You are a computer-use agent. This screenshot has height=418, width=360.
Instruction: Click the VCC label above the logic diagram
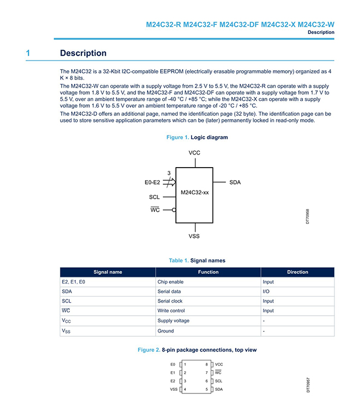click(x=194, y=153)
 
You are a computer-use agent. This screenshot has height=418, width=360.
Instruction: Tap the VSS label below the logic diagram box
click(x=194, y=236)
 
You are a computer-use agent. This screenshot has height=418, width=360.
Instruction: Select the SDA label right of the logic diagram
click(x=235, y=182)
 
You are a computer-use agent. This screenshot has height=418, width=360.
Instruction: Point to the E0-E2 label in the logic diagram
click(x=152, y=182)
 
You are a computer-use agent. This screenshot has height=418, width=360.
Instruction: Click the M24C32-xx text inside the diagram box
click(x=194, y=193)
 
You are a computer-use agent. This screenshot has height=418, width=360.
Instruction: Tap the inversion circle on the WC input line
click(x=174, y=210)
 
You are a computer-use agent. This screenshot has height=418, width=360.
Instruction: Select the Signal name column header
click(x=108, y=272)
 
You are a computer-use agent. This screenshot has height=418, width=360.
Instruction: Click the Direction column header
click(x=297, y=272)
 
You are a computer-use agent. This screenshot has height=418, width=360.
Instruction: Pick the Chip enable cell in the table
click(x=170, y=282)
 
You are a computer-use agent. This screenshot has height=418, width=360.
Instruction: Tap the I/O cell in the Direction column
click(x=267, y=292)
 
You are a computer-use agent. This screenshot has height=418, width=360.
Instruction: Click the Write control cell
click(x=171, y=311)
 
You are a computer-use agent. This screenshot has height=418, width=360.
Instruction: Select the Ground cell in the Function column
click(x=166, y=331)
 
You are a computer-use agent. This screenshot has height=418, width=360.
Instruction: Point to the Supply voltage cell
click(x=173, y=321)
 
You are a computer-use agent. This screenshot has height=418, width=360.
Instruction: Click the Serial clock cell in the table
click(x=170, y=301)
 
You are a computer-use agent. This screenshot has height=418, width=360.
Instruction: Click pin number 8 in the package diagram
click(x=206, y=364)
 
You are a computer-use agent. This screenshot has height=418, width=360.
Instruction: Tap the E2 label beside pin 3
click(x=173, y=381)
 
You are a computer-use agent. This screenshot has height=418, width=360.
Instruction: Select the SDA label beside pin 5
click(x=218, y=389)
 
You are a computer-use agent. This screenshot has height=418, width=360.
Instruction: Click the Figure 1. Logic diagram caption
click(x=197, y=137)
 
